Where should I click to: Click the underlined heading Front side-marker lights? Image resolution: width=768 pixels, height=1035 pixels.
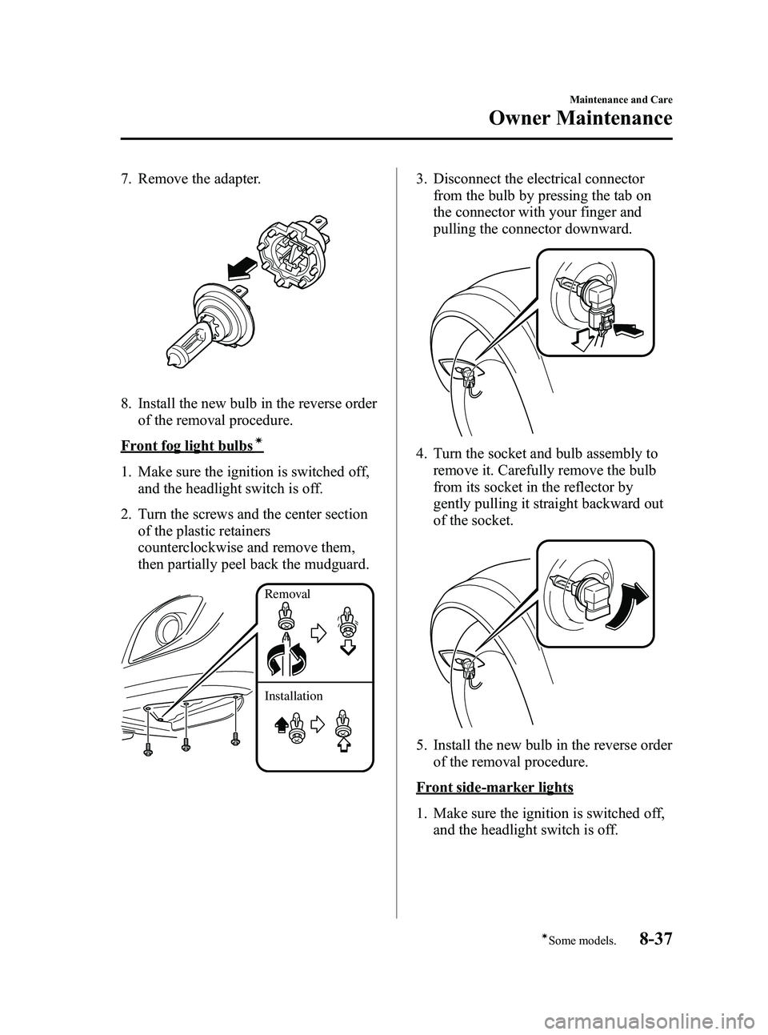pos(494,787)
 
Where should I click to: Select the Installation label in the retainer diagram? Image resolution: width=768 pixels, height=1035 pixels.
pos(294,696)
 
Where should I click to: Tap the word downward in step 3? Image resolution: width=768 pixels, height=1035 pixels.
pos(590,229)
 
